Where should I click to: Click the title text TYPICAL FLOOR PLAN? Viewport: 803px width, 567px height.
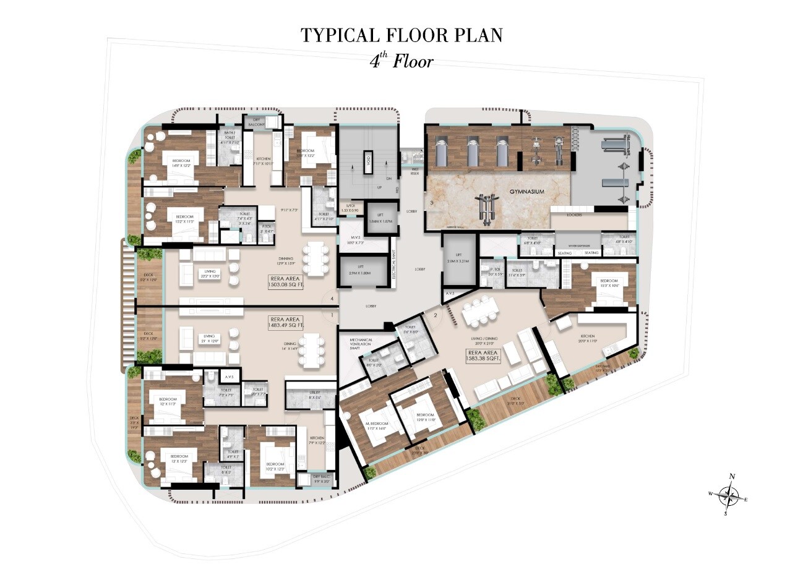coord(401,35)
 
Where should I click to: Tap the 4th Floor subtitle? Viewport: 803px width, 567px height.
coord(401,61)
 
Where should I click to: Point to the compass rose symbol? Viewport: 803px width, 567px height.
coord(731,494)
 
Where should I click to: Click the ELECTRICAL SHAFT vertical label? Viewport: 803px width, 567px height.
coord(393,264)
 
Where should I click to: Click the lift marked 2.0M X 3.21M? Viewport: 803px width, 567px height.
coord(458,259)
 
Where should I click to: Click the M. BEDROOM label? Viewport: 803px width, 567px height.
coord(376,425)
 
